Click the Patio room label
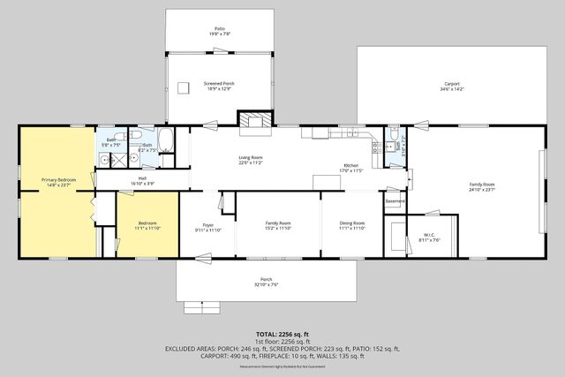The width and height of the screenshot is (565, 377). click(x=220, y=31)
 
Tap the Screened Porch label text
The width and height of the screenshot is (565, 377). click(x=220, y=86)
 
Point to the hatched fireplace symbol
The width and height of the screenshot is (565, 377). click(x=256, y=123)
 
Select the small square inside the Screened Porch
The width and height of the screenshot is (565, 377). click(x=185, y=87)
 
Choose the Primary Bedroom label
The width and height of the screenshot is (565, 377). click(x=58, y=182)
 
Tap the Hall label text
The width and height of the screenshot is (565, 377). click(x=142, y=181)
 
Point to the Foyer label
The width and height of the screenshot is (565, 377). click(x=208, y=226)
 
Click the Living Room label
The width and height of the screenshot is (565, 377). click(x=251, y=161)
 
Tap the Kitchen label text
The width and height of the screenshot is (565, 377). click(x=351, y=168)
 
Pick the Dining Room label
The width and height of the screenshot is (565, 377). click(x=352, y=226)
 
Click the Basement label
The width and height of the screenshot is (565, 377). click(x=395, y=200)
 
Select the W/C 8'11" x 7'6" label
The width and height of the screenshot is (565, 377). click(x=430, y=237)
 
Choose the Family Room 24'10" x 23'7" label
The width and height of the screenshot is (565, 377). click(x=482, y=186)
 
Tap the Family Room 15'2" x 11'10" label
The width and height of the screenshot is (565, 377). click(x=278, y=226)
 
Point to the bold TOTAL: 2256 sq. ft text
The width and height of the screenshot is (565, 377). click(x=282, y=335)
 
